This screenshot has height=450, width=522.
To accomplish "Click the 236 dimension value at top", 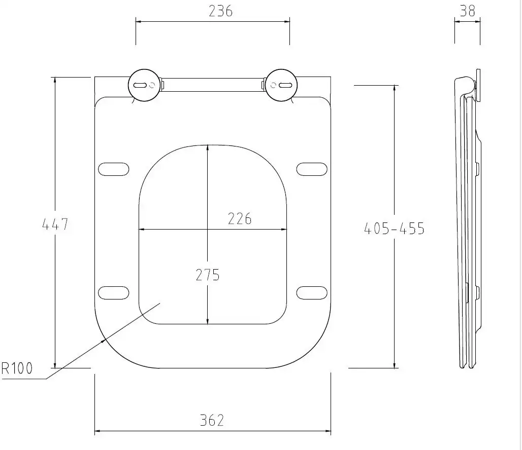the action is pos(220,11).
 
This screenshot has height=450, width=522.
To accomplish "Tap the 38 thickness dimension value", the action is pos(467,11).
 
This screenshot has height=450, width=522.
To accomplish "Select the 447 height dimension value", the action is pos(55,224).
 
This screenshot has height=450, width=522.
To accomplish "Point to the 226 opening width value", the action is pos(240,219).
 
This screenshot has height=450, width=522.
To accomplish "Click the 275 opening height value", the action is pos(208,275).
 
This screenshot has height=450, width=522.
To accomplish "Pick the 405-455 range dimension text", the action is pos(394,229).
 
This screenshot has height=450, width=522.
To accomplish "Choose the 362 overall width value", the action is pos(212,420).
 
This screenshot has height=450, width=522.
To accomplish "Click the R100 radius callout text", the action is pos(17,368).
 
